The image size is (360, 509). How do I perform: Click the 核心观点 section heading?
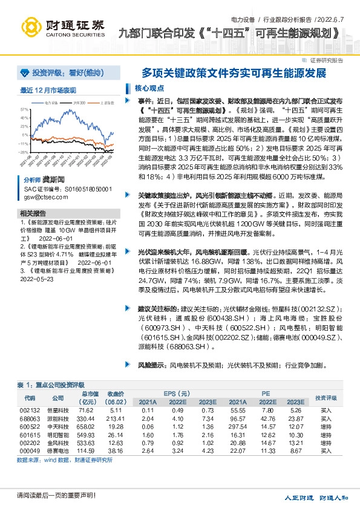141,88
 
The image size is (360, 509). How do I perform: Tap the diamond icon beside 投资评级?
25,72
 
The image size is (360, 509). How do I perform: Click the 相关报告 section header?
33,213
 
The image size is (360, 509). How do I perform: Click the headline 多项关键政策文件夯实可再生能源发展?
234,74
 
